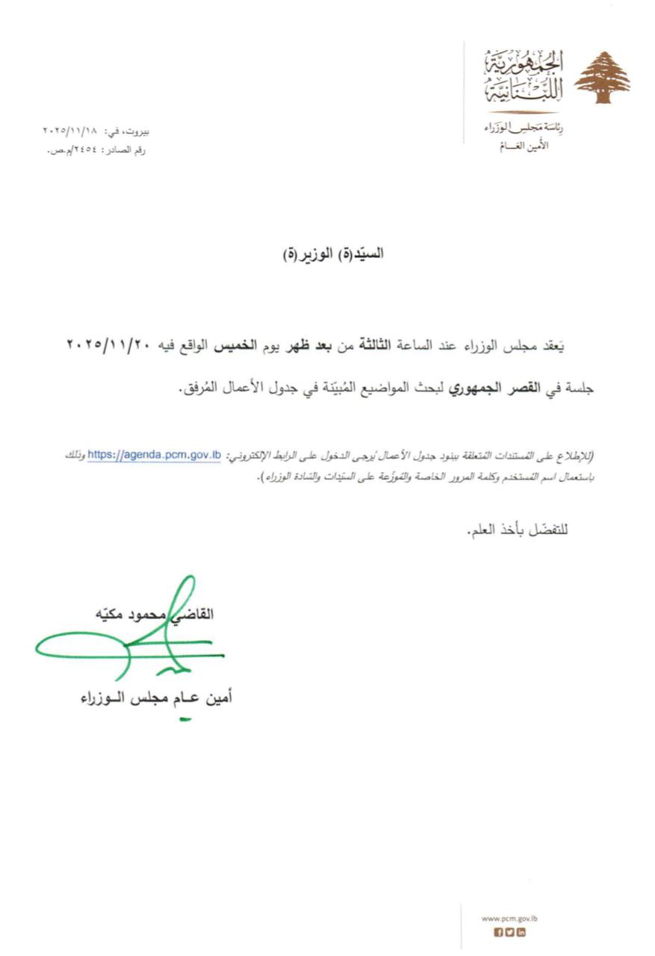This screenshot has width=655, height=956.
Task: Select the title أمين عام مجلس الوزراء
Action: [x=157, y=698]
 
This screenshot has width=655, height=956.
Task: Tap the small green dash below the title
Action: [x=185, y=720]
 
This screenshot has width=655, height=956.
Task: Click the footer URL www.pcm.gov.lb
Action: [x=510, y=918]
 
